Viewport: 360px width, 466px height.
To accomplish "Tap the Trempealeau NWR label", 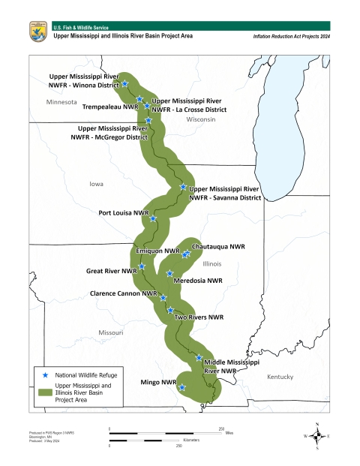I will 109,107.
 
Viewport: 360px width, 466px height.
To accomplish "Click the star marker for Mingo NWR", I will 182,387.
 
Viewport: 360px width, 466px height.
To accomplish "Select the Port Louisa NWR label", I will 123,212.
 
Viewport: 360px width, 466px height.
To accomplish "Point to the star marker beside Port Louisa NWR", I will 153,219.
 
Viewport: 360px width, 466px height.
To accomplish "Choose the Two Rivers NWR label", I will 199,317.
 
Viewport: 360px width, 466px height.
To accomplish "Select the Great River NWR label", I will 111,270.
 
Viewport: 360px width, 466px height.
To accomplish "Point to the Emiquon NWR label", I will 157,251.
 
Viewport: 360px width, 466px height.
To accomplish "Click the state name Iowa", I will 97,183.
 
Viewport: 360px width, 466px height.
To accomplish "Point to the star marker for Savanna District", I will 183,188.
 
